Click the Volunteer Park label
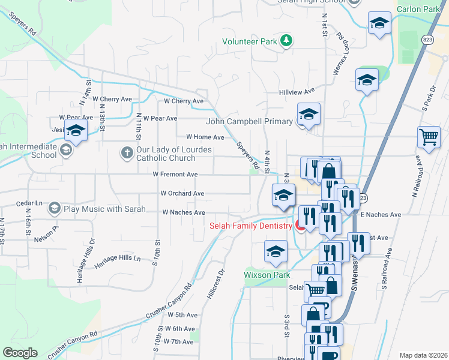click(x=250, y=41)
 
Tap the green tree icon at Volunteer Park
click(x=288, y=40)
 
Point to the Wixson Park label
click(x=267, y=275)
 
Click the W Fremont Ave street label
click(x=175, y=175)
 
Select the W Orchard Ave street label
click(x=182, y=193)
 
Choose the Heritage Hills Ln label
click(x=120, y=259)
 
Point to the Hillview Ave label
click(x=297, y=91)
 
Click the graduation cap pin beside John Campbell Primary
click(x=309, y=115)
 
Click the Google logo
click(x=20, y=352)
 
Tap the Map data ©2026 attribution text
click(x=423, y=355)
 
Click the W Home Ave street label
click(x=205, y=137)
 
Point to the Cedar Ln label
click(x=29, y=203)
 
